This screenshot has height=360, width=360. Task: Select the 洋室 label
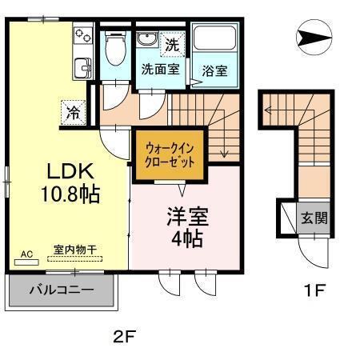click(186, 216)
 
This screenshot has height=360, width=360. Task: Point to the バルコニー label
click(62, 291)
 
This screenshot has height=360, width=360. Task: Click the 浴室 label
click(214, 70)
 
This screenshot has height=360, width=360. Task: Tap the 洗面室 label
click(159, 69)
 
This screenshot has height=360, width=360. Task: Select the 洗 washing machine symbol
click(171, 45)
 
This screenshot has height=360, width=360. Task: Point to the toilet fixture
click(114, 50)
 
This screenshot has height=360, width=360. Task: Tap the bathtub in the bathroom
click(215, 40)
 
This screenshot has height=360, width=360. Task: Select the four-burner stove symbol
click(83, 35)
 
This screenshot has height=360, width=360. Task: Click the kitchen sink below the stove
click(82, 67)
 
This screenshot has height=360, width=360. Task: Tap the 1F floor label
click(314, 290)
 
